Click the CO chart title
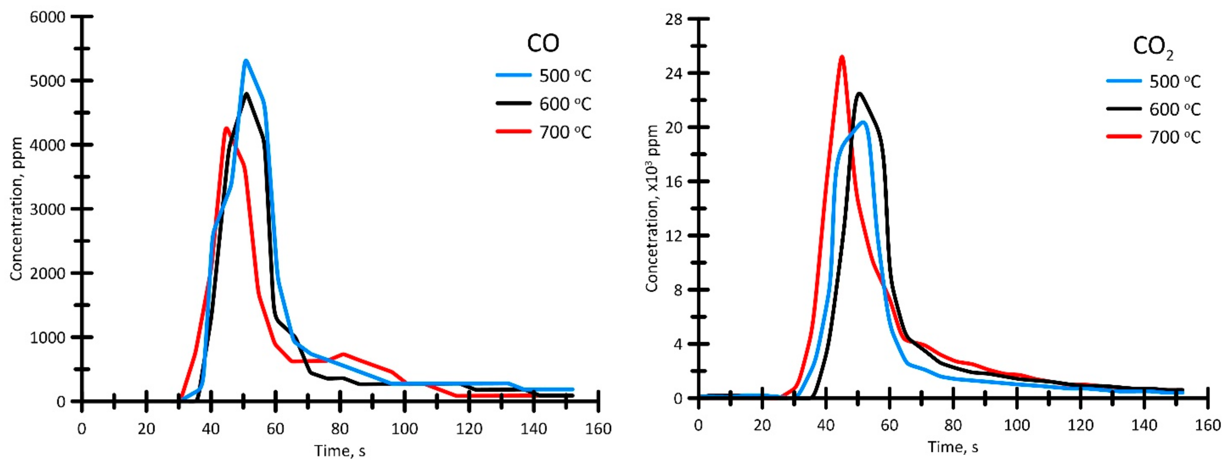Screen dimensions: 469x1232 pyautogui.click(x=543, y=44)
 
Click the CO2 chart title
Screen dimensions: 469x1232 pyautogui.click(x=1153, y=48)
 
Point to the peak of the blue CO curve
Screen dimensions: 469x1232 pyautogui.click(x=246, y=61)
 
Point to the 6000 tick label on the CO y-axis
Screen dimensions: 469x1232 pyautogui.click(x=47, y=17)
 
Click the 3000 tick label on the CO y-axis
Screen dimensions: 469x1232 pyautogui.click(x=47, y=209)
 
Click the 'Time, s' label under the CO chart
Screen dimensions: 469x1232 pyautogui.click(x=340, y=450)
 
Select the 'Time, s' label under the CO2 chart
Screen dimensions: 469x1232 pyautogui.click(x=953, y=447)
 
